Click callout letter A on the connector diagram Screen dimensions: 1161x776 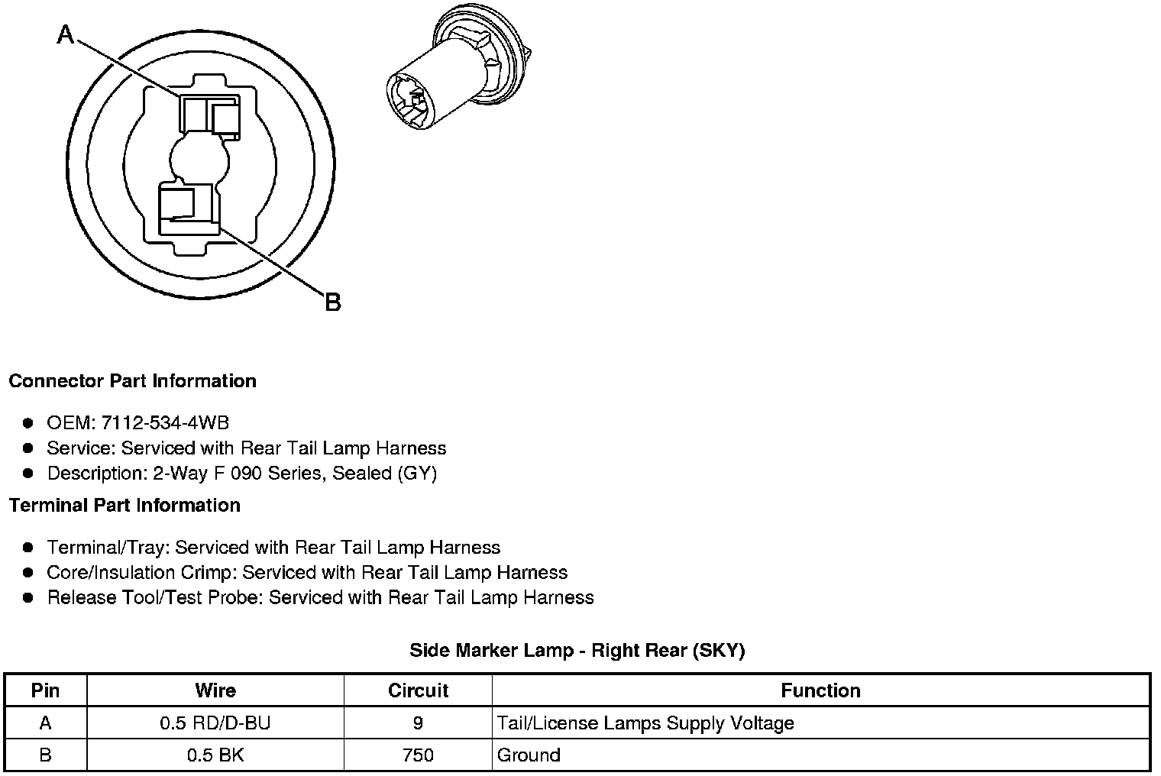click(66, 34)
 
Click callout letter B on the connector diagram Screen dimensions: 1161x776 click(332, 302)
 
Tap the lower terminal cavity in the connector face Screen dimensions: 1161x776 click(188, 208)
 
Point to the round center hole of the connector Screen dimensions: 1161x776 click(199, 161)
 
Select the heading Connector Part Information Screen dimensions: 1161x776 click(132, 381)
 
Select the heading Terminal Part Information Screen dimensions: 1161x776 click(125, 506)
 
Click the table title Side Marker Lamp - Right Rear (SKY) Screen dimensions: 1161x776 click(577, 651)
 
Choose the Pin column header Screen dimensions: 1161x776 click(45, 690)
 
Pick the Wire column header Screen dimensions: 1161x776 click(215, 690)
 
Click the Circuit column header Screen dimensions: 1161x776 click(418, 690)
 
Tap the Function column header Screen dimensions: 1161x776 click(820, 690)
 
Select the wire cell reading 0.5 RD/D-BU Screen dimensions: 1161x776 click(215, 723)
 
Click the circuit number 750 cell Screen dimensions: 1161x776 click(418, 755)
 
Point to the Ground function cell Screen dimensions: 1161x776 click(529, 755)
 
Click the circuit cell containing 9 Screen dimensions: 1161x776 click(418, 723)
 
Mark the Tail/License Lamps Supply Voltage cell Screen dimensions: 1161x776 click(645, 723)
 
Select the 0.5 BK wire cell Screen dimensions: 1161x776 click(215, 755)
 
